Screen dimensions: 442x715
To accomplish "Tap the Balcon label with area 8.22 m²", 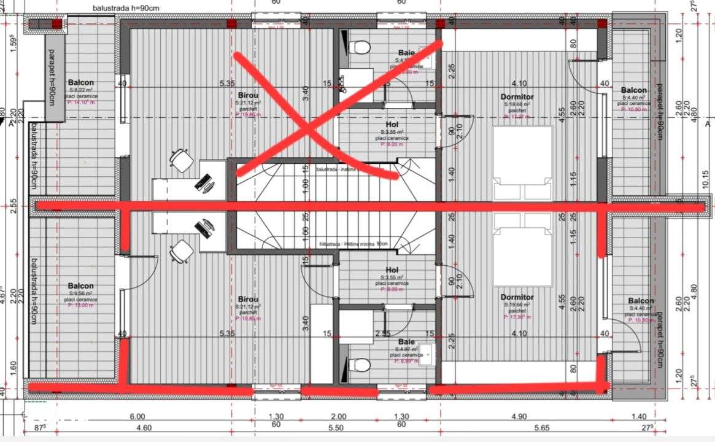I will (x=81, y=82).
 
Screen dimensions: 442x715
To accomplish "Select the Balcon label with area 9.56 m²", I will (x=81, y=286).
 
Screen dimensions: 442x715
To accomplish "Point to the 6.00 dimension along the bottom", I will (x=137, y=417).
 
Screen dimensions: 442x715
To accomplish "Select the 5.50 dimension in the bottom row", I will (x=335, y=428).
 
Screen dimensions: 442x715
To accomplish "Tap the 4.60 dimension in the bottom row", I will (x=144, y=428).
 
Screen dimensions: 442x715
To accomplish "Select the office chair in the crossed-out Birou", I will (x=181, y=161).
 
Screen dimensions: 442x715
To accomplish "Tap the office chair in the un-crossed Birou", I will (x=181, y=251).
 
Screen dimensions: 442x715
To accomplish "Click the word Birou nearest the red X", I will (x=249, y=95).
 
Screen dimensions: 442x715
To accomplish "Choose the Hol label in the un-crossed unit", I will (x=392, y=270).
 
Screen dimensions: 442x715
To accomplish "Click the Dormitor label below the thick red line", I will (x=517, y=297).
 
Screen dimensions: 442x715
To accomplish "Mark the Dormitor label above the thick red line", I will (x=517, y=97).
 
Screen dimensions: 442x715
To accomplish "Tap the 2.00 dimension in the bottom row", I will (x=335, y=417).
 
